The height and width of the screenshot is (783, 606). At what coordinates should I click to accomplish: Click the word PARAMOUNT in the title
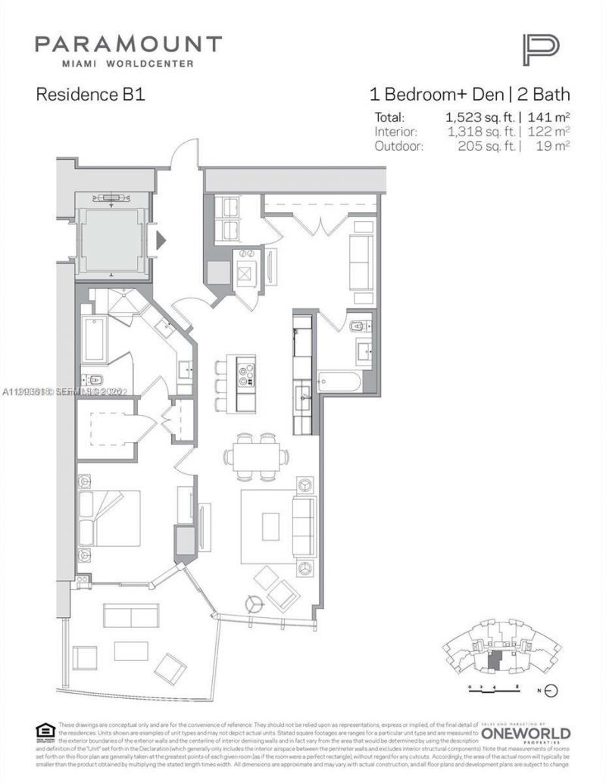[x=128, y=44]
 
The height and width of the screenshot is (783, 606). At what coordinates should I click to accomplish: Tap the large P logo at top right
[x=540, y=50]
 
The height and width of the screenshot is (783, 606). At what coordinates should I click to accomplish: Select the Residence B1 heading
[x=90, y=95]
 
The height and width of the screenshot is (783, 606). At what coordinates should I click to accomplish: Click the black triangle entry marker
[x=160, y=242]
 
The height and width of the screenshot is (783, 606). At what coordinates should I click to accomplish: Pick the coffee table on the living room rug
[x=270, y=526]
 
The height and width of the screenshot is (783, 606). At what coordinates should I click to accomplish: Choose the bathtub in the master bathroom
[x=95, y=339]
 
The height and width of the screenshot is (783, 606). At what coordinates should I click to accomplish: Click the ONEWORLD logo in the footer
[x=526, y=733]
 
